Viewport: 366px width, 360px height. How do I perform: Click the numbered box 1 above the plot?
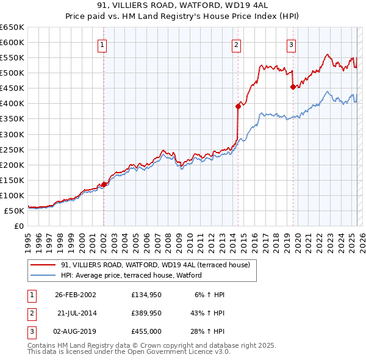click(102, 44)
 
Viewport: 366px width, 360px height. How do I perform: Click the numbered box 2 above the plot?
click(236, 44)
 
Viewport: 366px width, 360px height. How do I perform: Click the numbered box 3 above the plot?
click(292, 44)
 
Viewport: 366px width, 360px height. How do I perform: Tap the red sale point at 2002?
click(104, 184)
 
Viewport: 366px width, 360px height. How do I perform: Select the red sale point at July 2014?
click(238, 106)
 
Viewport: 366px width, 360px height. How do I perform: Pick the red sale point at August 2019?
click(293, 87)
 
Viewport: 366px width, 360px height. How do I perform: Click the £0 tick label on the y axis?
click(18, 226)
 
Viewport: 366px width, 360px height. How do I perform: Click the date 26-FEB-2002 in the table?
click(76, 295)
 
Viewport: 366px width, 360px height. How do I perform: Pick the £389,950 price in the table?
click(146, 313)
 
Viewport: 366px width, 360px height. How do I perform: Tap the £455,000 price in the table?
click(146, 331)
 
